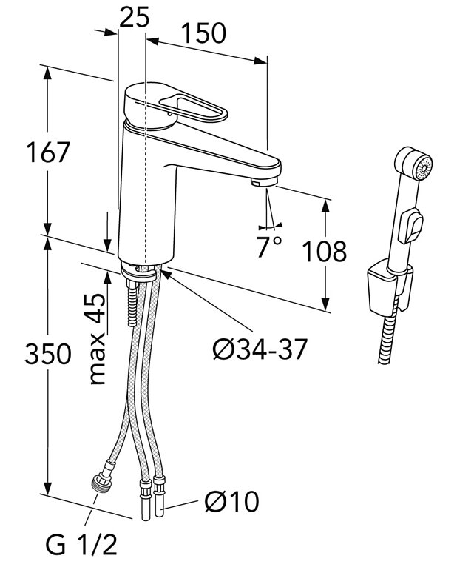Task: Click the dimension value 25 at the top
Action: point(133,16)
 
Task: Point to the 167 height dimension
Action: point(48,152)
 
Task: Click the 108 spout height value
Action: point(323,251)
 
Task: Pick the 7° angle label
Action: point(269,246)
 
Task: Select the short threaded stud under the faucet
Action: point(133,304)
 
